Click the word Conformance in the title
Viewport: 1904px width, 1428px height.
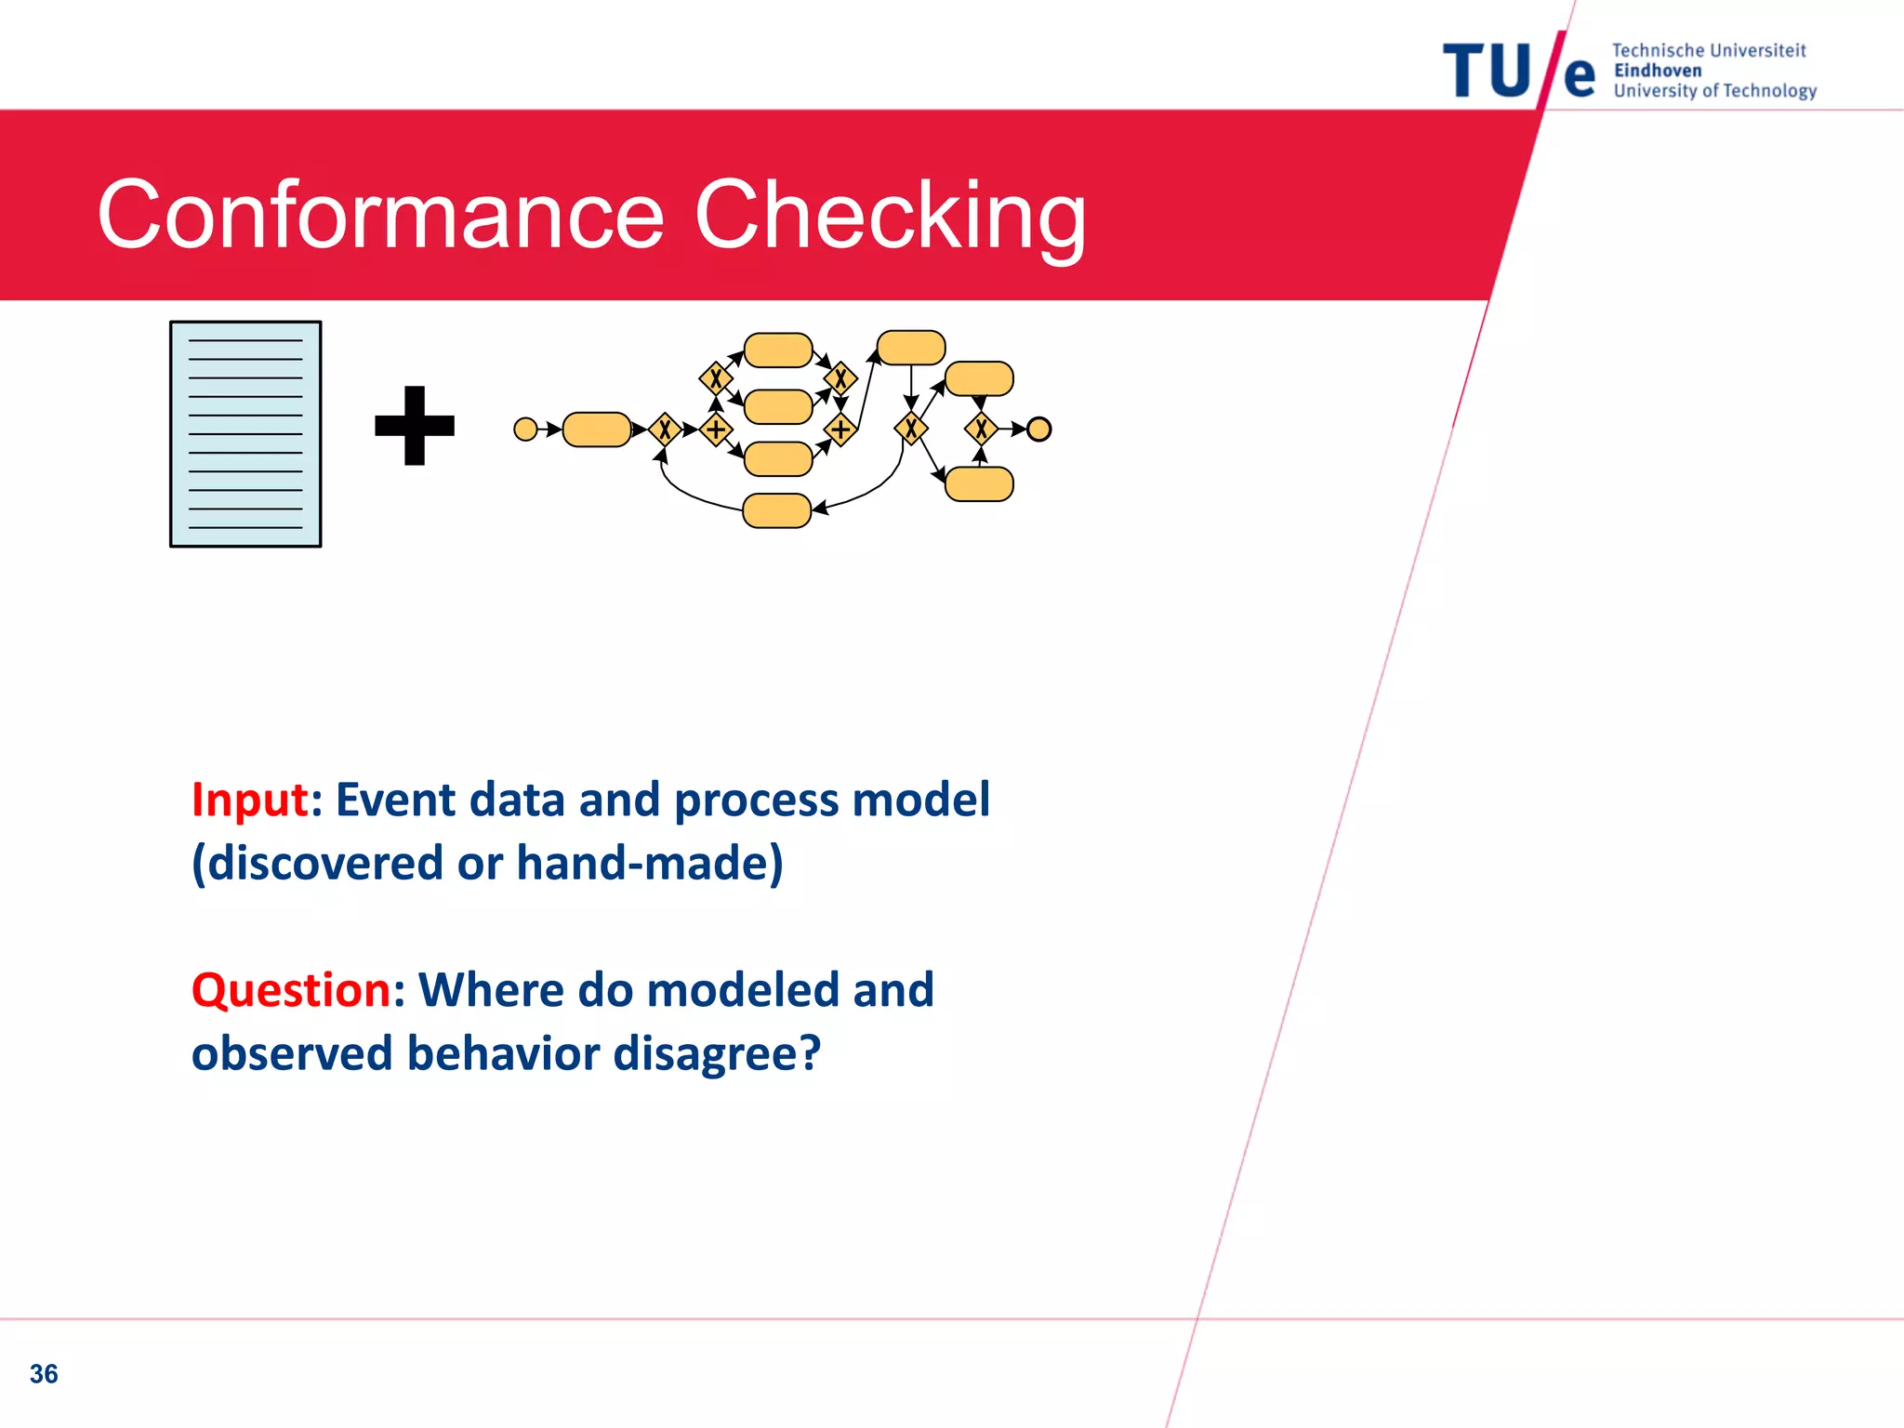[x=381, y=216]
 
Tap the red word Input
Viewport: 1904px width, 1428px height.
[x=249, y=800]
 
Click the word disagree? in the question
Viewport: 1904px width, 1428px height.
[x=717, y=1053]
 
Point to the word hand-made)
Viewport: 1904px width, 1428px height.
[x=650, y=863]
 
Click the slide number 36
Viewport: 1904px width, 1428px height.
[x=44, y=1373]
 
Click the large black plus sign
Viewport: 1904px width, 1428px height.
[x=415, y=426]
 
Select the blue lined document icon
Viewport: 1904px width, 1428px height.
[x=245, y=434]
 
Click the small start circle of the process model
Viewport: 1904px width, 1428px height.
[x=525, y=429]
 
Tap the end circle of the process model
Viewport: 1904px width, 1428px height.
[x=1038, y=429]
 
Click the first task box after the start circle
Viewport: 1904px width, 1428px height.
[x=597, y=429]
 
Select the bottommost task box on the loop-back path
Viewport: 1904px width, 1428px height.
[x=777, y=510]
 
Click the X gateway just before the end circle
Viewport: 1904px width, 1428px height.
[x=981, y=429]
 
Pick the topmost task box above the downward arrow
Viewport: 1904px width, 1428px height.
[x=911, y=347]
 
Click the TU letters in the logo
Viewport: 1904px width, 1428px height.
[x=1486, y=72]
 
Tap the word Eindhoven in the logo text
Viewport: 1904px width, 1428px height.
[x=1658, y=71]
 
